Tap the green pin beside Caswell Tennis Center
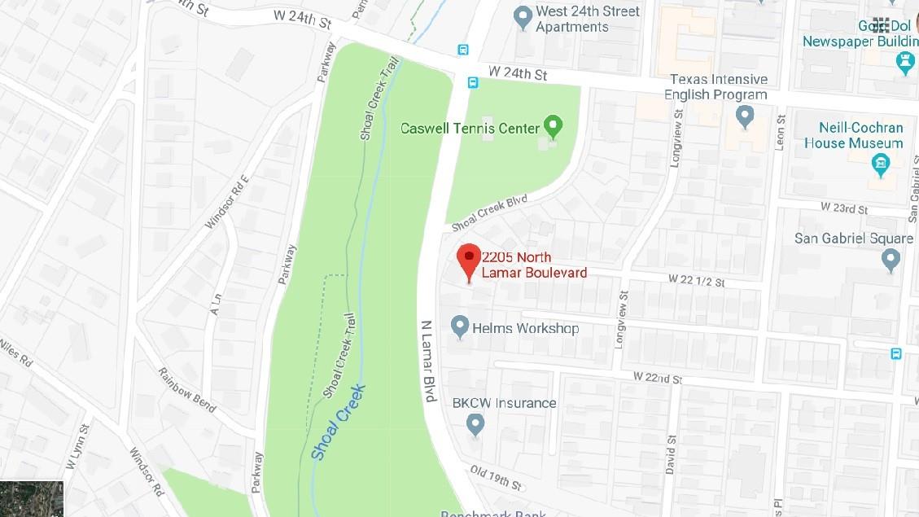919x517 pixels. [x=554, y=127]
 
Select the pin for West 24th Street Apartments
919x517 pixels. [x=523, y=17]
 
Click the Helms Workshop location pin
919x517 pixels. [x=460, y=327]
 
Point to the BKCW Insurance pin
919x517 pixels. [x=475, y=423]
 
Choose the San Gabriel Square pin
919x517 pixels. [x=891, y=260]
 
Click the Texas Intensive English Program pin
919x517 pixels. [x=744, y=116]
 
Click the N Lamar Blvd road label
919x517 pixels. [x=429, y=353]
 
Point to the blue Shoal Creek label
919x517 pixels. [x=338, y=422]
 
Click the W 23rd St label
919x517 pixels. [x=844, y=208]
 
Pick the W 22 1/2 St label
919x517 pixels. [x=696, y=281]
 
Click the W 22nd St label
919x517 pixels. [x=657, y=379]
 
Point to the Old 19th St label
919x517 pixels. [x=494, y=477]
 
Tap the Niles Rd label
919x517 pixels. [x=15, y=351]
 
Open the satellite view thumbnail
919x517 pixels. [x=32, y=498]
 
